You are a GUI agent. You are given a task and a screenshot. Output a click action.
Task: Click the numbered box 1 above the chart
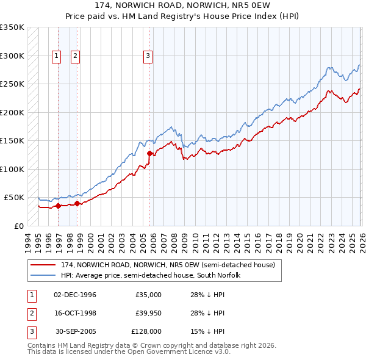point(56,56)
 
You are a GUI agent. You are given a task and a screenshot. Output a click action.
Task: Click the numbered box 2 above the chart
point(75,56)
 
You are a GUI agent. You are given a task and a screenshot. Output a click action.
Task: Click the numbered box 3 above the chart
point(148,56)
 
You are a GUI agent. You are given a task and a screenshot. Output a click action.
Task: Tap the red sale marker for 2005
point(149,153)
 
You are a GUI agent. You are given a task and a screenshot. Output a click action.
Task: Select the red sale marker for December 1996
point(58,206)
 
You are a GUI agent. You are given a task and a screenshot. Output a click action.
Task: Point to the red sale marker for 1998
point(77,203)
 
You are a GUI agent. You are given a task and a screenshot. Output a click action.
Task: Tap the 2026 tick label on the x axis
point(361,241)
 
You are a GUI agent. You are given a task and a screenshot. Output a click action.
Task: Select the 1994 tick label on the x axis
point(28,241)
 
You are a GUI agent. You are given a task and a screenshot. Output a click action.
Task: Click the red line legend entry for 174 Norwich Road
point(168,265)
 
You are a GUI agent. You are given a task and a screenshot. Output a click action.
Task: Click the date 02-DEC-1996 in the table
point(75,295)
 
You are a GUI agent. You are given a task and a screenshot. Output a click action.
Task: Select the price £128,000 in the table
point(146,331)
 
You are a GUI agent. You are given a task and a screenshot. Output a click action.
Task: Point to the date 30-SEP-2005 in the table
point(75,331)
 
